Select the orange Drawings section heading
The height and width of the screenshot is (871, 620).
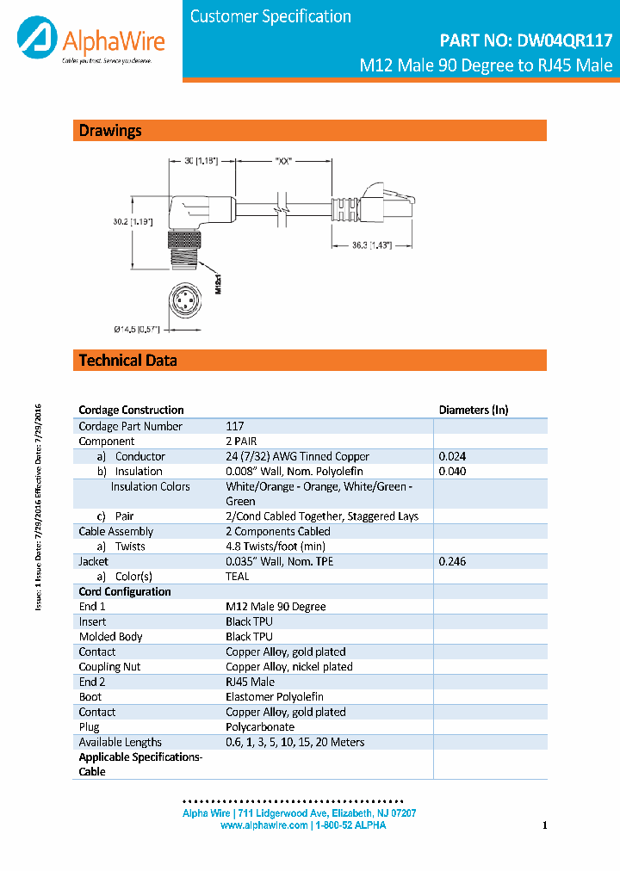(110, 131)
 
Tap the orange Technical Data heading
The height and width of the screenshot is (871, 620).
(128, 360)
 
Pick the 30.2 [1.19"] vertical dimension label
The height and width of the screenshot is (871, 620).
(133, 222)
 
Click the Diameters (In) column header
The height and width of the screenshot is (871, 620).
(474, 411)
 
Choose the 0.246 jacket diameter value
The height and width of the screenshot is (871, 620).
(452, 561)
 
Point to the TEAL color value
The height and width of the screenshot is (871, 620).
(238, 577)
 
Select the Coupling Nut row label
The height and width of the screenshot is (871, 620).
(110, 667)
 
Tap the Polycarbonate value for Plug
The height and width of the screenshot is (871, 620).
(260, 727)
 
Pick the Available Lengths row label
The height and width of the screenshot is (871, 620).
(121, 742)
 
